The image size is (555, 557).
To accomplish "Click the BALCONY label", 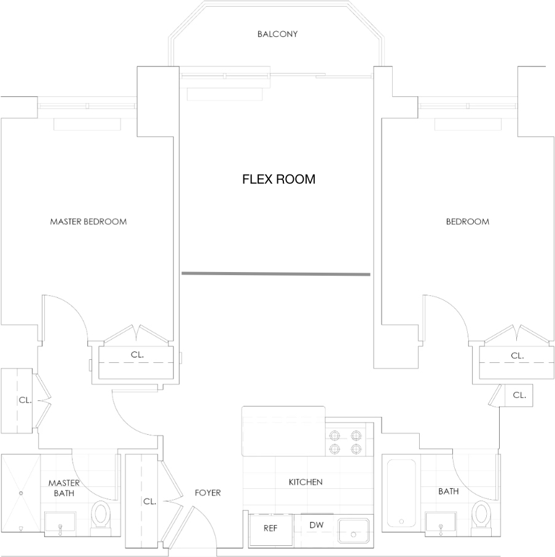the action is (x=277, y=34).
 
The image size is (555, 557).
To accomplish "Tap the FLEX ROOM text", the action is (x=279, y=179).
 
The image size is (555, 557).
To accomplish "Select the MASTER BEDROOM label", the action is (x=88, y=222).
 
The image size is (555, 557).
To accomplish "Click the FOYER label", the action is (x=208, y=493).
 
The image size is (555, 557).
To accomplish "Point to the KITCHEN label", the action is (x=305, y=482).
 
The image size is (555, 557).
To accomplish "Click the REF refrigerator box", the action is (x=271, y=530).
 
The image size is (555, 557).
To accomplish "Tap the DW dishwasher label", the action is (x=317, y=525).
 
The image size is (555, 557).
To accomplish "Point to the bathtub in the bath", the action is (x=401, y=493).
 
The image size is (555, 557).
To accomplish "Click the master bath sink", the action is (x=60, y=523).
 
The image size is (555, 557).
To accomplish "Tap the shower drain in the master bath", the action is (x=21, y=493).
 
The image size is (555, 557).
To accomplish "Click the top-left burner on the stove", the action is (x=334, y=435).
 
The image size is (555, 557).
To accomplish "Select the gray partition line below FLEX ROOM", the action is (x=276, y=274).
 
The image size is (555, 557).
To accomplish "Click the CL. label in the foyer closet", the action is (x=150, y=502).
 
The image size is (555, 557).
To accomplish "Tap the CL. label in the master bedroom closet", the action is (x=137, y=354).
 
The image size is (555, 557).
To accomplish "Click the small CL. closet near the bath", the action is (x=519, y=395).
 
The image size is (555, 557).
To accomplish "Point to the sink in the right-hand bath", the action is (x=441, y=523).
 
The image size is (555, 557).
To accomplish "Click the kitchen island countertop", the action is (x=283, y=431).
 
